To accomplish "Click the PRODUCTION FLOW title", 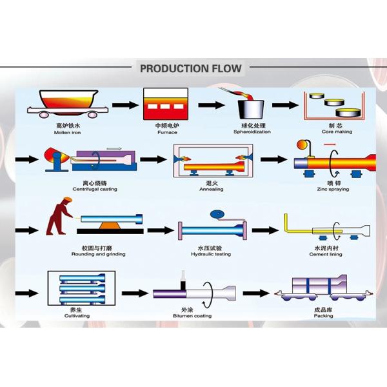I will tap(191, 68).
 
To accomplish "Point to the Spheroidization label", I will tap(252, 132).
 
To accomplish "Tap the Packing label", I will tap(323, 316).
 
